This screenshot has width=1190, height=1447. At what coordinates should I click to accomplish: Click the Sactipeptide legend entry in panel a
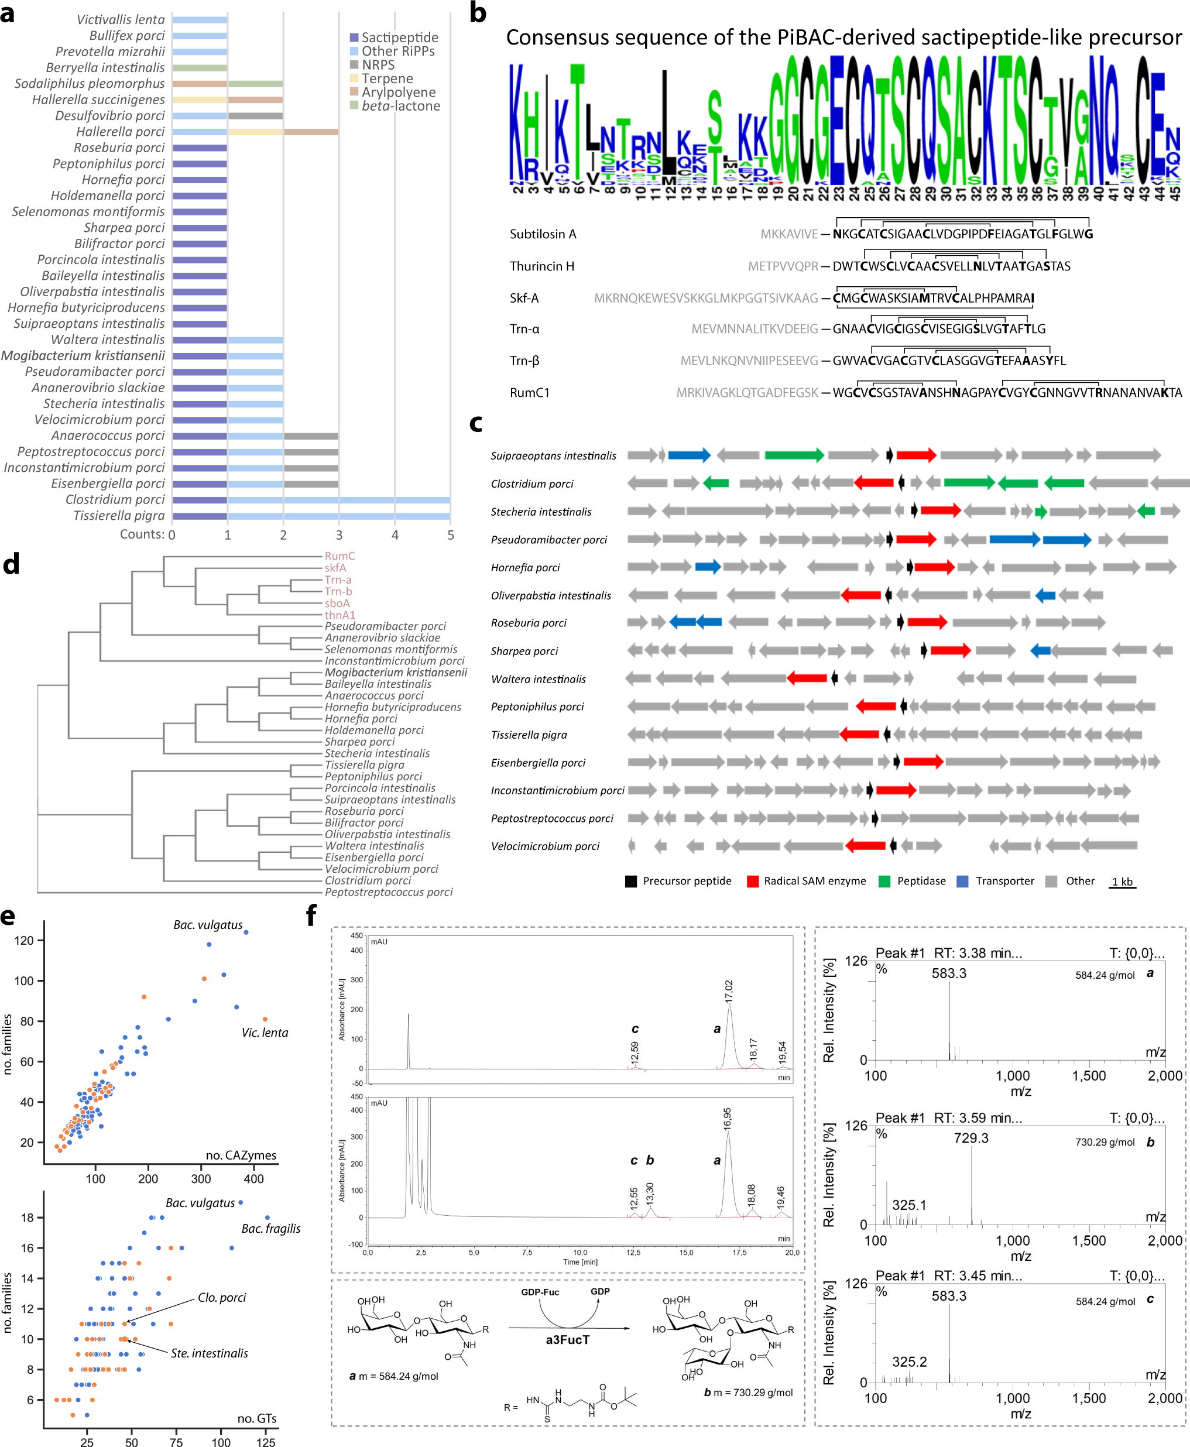click(400, 37)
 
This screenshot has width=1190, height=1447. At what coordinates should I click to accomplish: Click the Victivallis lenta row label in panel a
click(121, 20)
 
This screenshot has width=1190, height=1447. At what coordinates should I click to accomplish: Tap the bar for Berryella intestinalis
click(200, 68)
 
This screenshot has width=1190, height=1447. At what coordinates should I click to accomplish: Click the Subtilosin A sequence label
click(543, 234)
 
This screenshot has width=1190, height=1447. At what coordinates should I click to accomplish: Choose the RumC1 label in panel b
click(529, 393)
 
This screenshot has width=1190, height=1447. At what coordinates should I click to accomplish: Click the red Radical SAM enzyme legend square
click(753, 882)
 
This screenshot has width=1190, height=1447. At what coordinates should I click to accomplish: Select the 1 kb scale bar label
click(1122, 882)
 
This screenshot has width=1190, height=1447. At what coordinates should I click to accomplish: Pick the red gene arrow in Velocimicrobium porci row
click(866, 846)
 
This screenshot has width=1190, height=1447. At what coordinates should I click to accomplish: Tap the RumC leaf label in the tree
click(340, 556)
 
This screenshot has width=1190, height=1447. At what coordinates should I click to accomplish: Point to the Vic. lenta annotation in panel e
click(265, 1033)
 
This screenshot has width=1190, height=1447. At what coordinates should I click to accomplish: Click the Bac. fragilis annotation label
click(271, 1228)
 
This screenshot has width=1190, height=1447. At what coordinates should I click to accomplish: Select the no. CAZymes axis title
click(241, 1155)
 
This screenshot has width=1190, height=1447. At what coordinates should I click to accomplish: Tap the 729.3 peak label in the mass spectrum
click(970, 1138)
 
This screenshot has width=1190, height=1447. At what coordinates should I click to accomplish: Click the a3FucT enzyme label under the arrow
click(568, 1339)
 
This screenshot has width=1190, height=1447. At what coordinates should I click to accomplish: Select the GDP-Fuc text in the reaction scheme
click(540, 1292)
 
